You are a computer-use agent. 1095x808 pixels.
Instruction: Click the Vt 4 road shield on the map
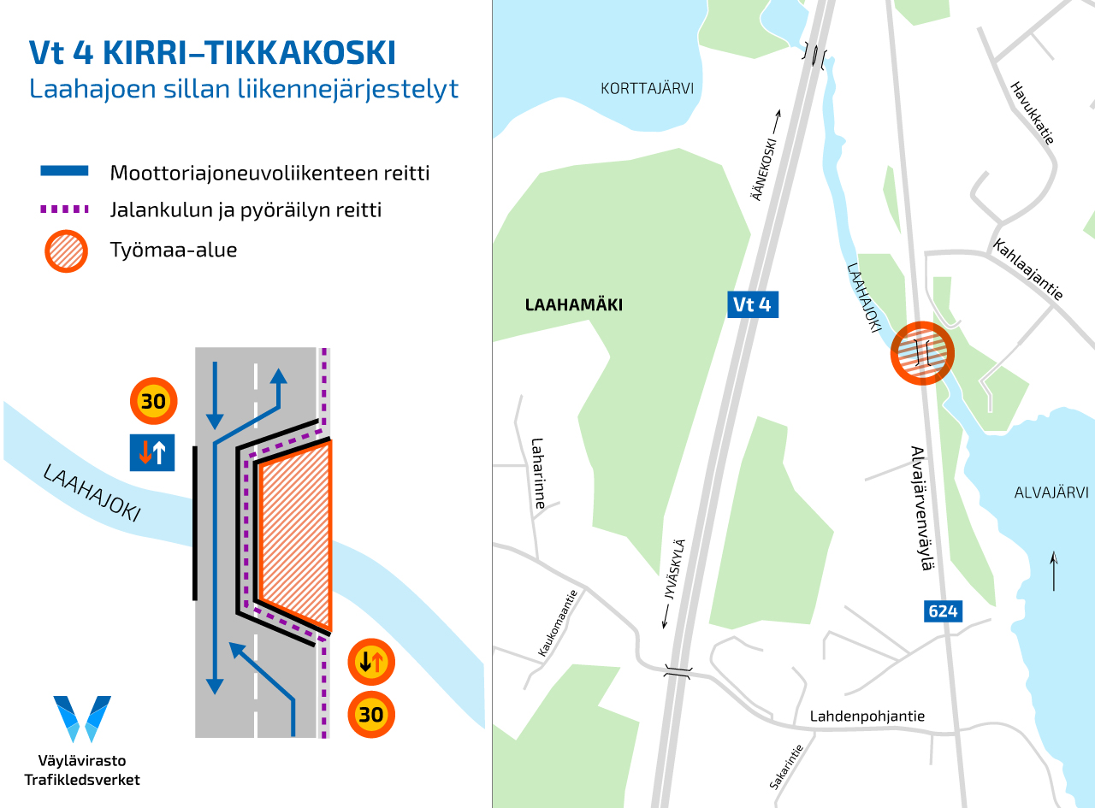click(x=753, y=304)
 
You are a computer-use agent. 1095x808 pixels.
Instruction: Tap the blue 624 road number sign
click(x=943, y=611)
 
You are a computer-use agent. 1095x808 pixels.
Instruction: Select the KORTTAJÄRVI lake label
click(x=646, y=89)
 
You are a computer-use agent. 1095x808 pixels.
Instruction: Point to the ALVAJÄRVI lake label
click(x=1051, y=492)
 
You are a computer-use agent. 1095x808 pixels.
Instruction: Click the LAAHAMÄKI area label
click(x=573, y=305)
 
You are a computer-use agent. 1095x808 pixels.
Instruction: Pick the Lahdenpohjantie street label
click(x=867, y=717)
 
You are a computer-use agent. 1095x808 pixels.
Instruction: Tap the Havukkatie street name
click(x=1032, y=112)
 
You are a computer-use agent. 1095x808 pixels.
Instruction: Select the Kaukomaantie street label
click(x=559, y=623)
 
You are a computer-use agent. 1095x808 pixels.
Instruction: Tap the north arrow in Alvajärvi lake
click(x=1053, y=571)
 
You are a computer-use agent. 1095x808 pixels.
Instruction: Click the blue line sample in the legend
click(x=64, y=172)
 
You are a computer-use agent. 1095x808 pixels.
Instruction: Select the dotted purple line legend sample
click(x=64, y=209)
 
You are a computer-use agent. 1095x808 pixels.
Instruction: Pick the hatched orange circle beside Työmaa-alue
click(x=66, y=251)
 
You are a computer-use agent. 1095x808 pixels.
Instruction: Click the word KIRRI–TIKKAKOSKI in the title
click(x=249, y=53)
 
